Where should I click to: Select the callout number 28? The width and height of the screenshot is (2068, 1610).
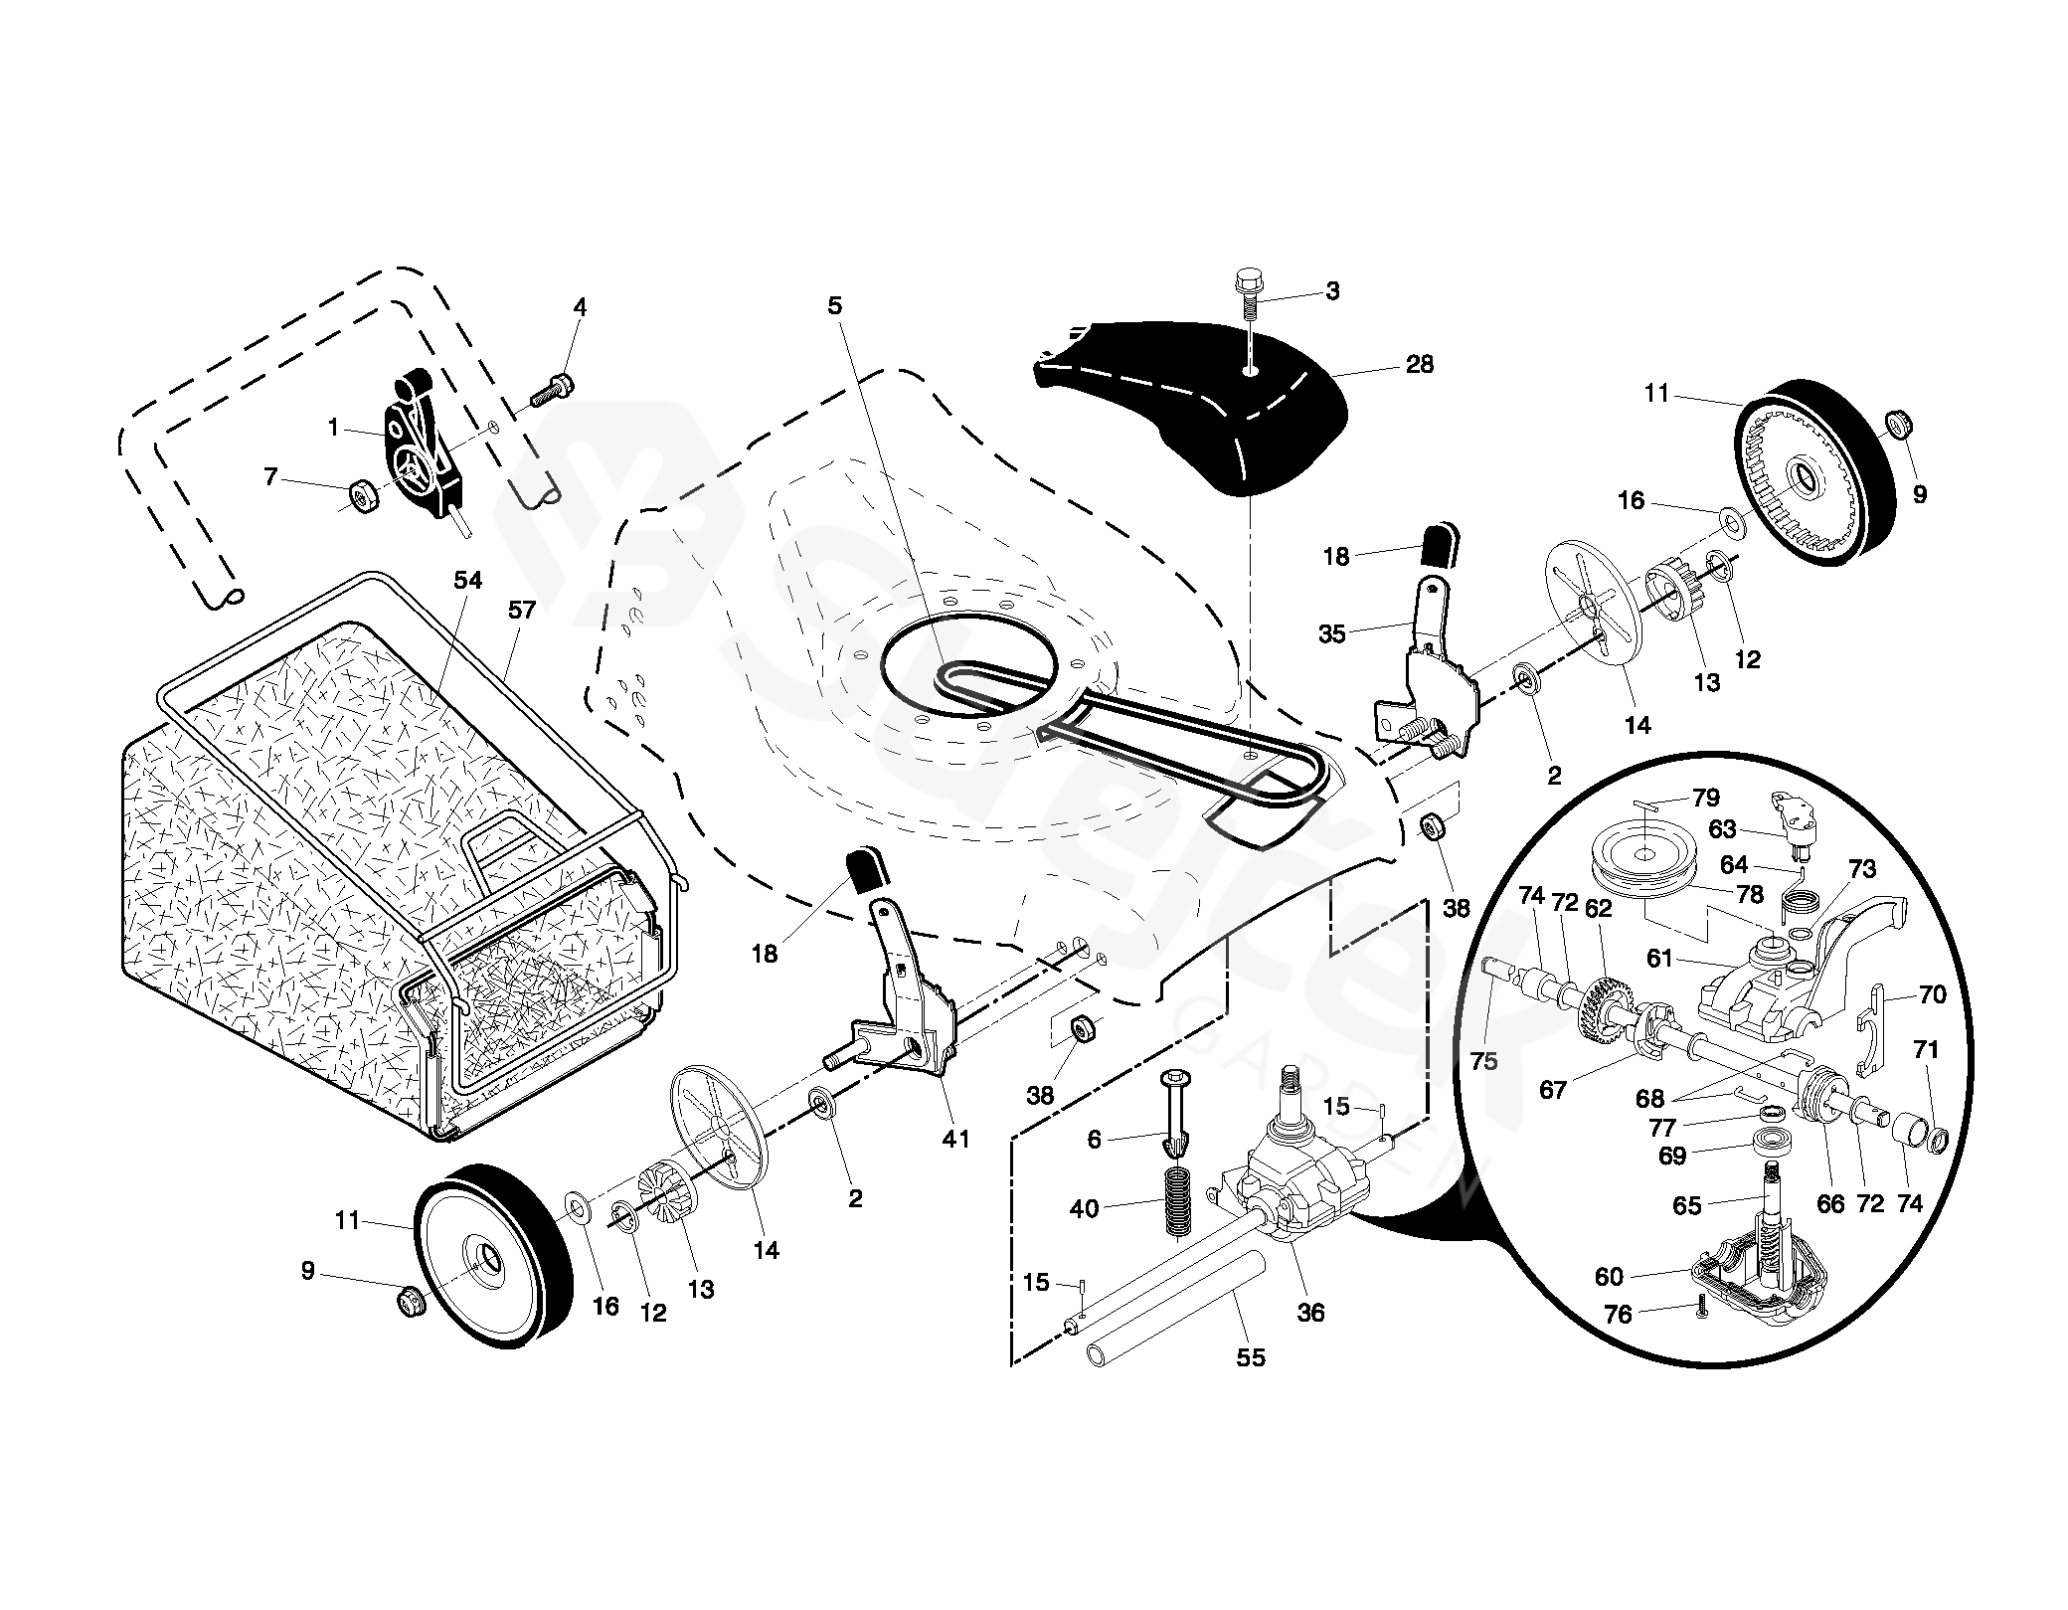click(x=1420, y=365)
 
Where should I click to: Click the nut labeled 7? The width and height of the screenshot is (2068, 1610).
click(x=362, y=494)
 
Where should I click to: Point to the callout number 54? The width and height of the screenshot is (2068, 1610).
click(x=467, y=580)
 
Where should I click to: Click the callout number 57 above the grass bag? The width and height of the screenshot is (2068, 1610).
click(x=522, y=611)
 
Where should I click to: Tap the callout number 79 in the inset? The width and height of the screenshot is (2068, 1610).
click(x=1706, y=799)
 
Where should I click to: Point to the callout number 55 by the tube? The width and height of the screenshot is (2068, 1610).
click(x=1251, y=1356)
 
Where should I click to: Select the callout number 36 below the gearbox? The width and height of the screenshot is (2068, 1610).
click(x=1311, y=1313)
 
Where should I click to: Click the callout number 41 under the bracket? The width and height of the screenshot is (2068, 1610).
click(x=955, y=1139)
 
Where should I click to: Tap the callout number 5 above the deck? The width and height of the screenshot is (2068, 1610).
click(x=834, y=305)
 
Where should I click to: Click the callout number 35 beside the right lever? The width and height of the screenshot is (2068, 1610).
click(x=1331, y=632)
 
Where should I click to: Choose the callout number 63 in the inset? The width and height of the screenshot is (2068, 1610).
click(x=1721, y=828)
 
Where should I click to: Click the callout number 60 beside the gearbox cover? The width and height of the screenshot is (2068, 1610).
click(x=1609, y=1276)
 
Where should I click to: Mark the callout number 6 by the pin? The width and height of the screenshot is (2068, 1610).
click(x=1095, y=1140)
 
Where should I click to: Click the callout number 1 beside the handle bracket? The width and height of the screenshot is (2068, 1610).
click(x=334, y=428)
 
